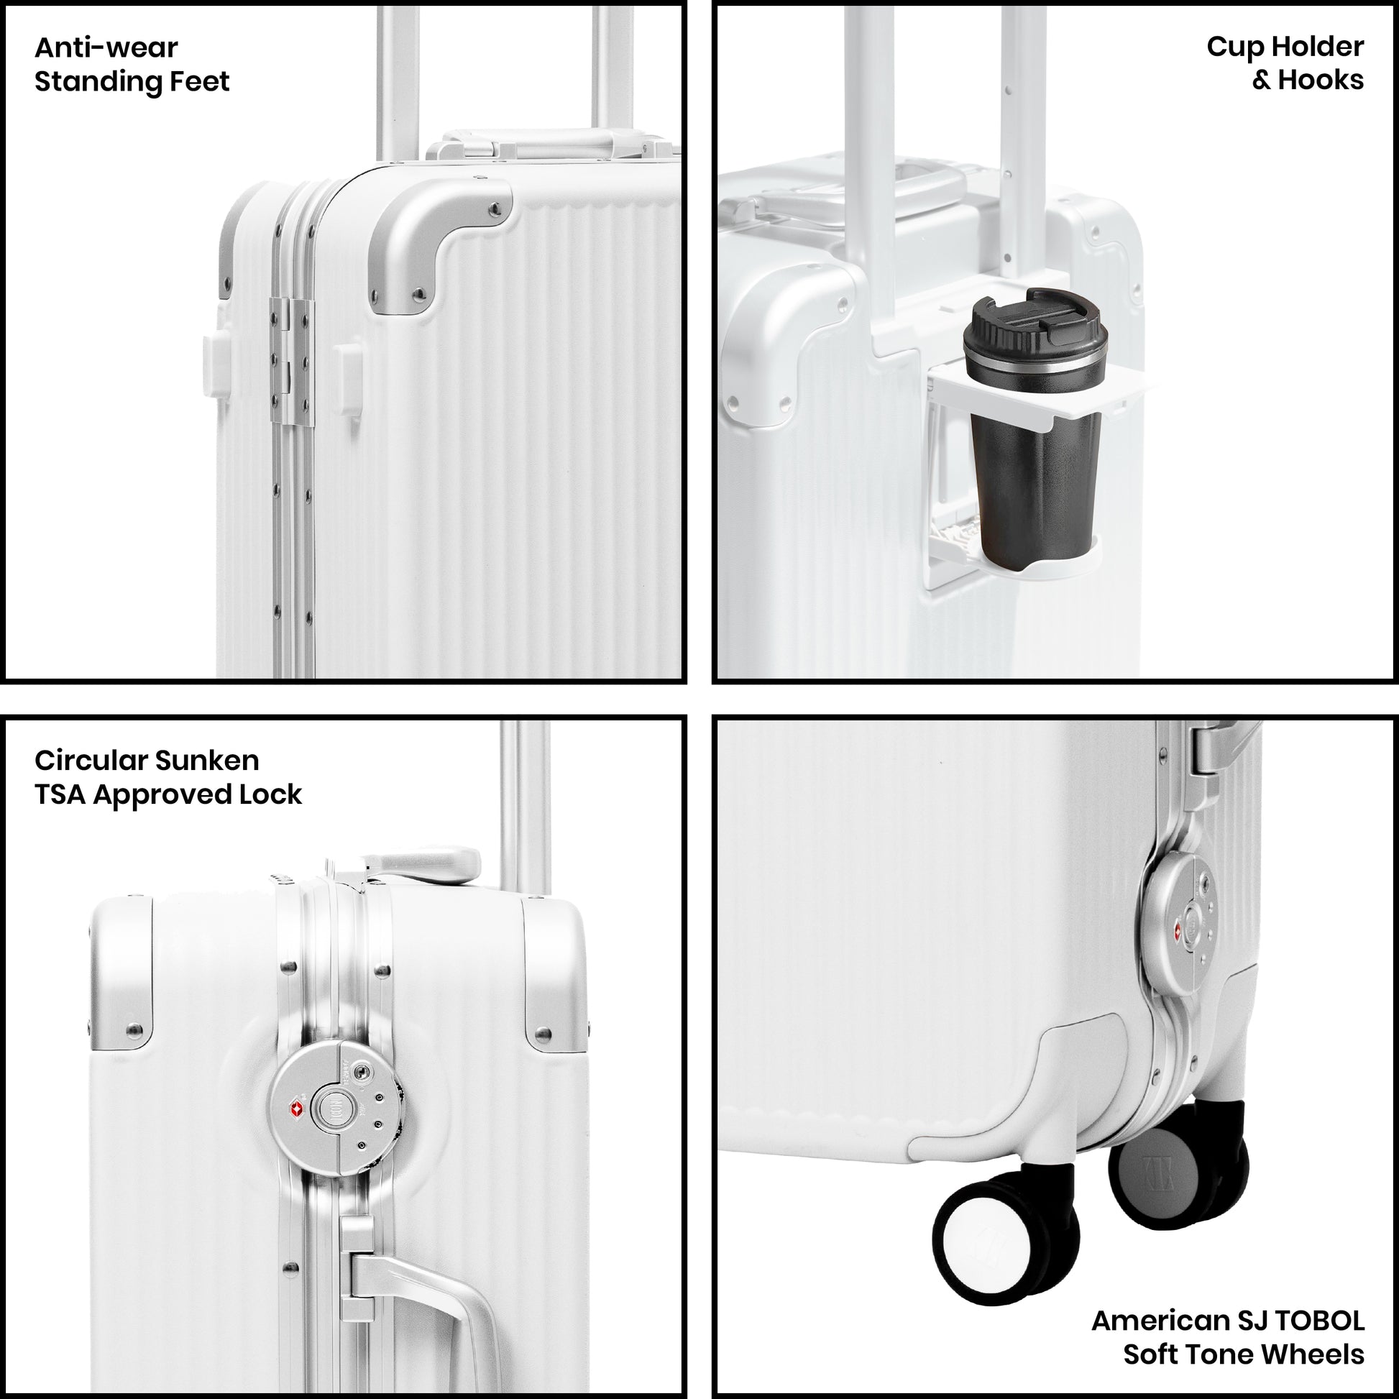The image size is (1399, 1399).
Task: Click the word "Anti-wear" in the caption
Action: pyautogui.click(x=106, y=47)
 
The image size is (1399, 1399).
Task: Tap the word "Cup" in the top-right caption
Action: pyautogui.click(x=1235, y=47)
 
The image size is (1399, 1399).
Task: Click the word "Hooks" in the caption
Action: pyautogui.click(x=1321, y=81)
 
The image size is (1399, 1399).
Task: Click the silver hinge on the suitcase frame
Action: pyautogui.click(x=292, y=362)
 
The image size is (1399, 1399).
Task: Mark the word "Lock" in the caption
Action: pyautogui.click(x=271, y=794)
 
